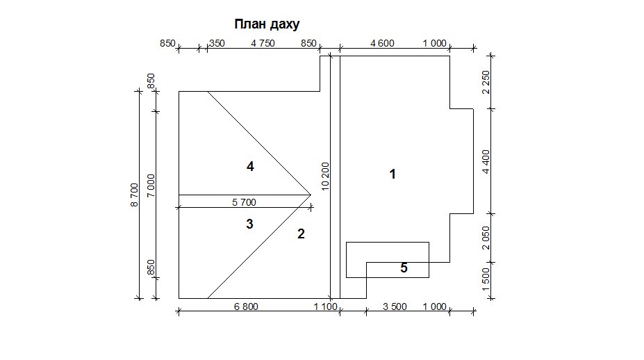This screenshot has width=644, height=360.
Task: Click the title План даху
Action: point(267,24)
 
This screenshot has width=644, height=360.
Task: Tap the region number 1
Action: point(393,174)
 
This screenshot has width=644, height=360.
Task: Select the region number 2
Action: point(301,234)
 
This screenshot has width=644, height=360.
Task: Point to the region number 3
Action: point(249,224)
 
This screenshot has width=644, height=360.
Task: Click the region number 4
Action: point(250,166)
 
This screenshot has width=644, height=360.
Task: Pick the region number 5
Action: point(404,268)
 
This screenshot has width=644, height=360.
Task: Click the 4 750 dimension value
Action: point(263,43)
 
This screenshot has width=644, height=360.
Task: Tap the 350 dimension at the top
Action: point(217,43)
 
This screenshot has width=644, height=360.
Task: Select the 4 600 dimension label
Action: point(382,43)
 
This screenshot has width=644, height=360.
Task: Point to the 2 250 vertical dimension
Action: point(486,82)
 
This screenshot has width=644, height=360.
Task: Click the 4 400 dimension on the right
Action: point(486,162)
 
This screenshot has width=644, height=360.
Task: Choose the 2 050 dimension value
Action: point(486,238)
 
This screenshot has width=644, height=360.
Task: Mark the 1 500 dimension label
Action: point(486,279)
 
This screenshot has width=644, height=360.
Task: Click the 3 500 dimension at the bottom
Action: point(395,306)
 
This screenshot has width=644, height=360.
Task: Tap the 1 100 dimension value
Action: point(325,306)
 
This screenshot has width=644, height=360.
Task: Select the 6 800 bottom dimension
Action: point(246,306)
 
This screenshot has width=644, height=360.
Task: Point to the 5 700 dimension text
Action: point(244,202)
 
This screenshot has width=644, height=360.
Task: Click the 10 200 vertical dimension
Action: point(325,177)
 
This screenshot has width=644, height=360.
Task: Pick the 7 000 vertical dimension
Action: point(151,186)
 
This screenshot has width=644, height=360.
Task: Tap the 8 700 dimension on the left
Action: point(134,195)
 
